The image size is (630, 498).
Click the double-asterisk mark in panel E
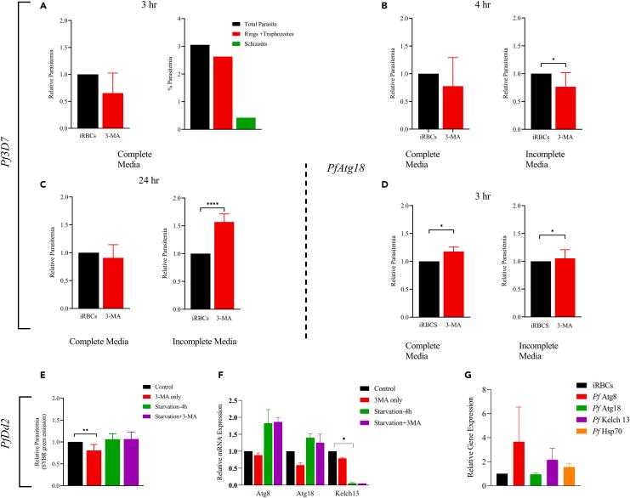(86, 395)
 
